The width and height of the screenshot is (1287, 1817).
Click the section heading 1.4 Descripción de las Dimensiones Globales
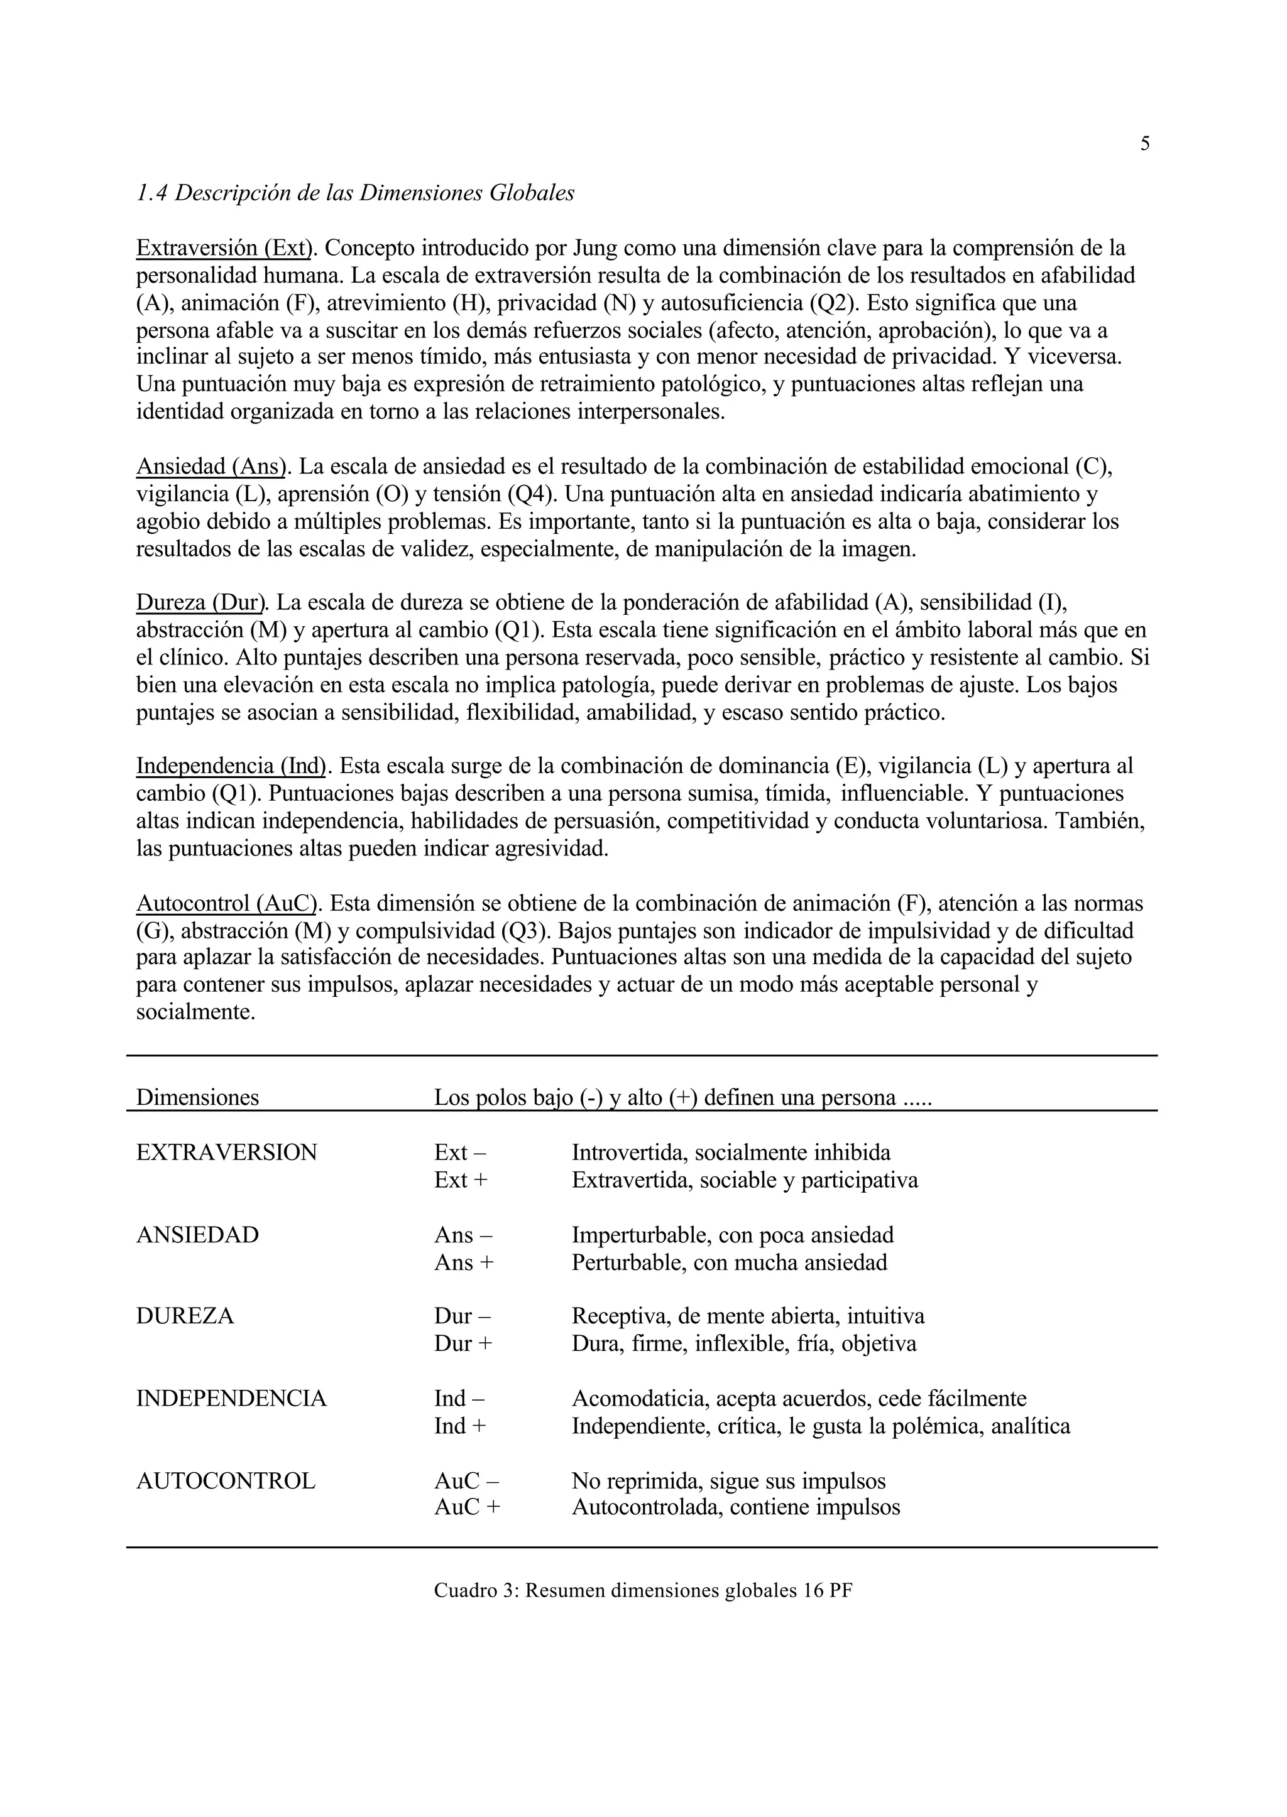tap(355, 193)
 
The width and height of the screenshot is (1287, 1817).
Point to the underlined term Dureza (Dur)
tap(201, 603)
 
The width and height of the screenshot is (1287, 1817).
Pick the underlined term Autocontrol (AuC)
tap(227, 903)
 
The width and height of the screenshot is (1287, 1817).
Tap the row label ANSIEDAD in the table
tap(197, 1235)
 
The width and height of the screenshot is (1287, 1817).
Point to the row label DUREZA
tap(185, 1316)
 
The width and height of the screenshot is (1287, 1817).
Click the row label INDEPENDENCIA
tap(231, 1399)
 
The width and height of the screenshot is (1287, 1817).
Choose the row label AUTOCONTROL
tap(225, 1480)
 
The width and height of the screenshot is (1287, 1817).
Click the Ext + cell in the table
tap(461, 1180)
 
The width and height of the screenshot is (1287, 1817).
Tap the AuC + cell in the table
tap(467, 1507)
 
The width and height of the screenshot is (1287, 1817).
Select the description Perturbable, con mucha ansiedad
tap(729, 1262)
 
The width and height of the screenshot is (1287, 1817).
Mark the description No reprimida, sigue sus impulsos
tap(728, 1480)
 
